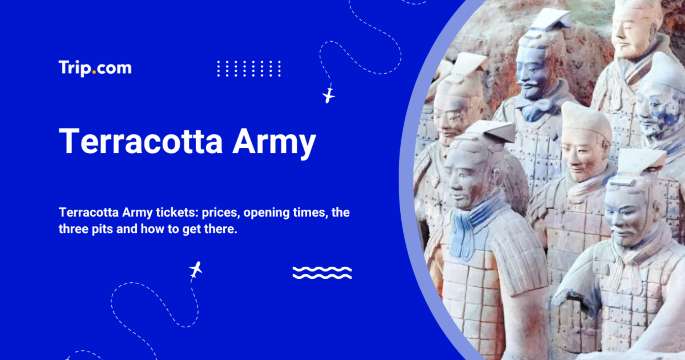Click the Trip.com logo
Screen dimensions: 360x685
click(x=94, y=68)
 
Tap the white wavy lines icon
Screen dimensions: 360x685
click(x=321, y=272)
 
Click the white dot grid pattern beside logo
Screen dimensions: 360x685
click(x=249, y=68)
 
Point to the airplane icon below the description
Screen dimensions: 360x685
click(x=195, y=270)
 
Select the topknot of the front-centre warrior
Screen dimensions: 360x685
click(x=491, y=130)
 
